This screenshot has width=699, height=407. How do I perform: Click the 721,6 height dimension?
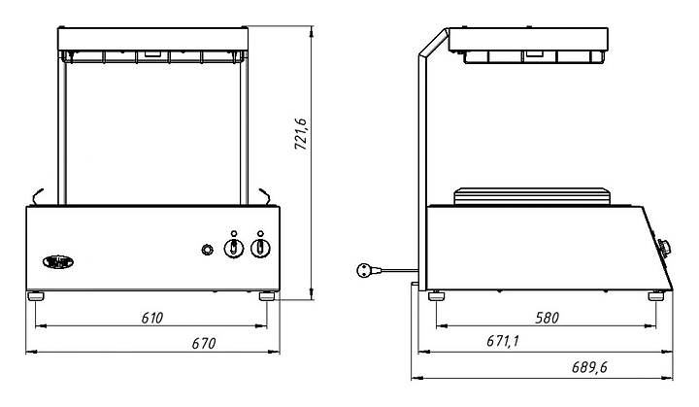coord(301,134)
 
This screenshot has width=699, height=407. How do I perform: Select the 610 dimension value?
coord(152,318)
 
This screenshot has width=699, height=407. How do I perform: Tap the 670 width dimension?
coord(204,343)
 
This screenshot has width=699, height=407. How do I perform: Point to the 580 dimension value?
coord(547,318)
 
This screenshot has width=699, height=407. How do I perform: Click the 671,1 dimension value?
coord(503,341)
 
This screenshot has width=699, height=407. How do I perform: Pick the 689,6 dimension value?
coord(589,367)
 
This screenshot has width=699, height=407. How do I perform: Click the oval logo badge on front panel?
coord(58,262)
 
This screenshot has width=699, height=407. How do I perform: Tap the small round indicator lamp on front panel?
coord(207,250)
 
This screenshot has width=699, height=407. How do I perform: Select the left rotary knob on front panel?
coord(233,248)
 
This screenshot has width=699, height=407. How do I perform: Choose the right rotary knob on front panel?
coord(260,248)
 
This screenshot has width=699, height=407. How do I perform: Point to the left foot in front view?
coord(36,296)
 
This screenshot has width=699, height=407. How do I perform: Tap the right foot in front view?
coord(267,296)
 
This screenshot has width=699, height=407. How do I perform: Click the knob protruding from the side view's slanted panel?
coord(664,247)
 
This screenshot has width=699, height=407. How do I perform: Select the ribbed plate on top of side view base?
coord(531,197)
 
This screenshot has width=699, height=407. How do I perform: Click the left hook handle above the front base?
coord(38,196)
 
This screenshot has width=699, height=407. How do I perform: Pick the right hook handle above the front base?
coord(265,196)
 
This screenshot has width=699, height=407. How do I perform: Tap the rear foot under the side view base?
coord(436,296)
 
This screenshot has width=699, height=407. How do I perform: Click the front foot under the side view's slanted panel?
coord(656,296)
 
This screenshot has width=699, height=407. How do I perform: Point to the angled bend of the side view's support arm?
coord(432,44)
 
